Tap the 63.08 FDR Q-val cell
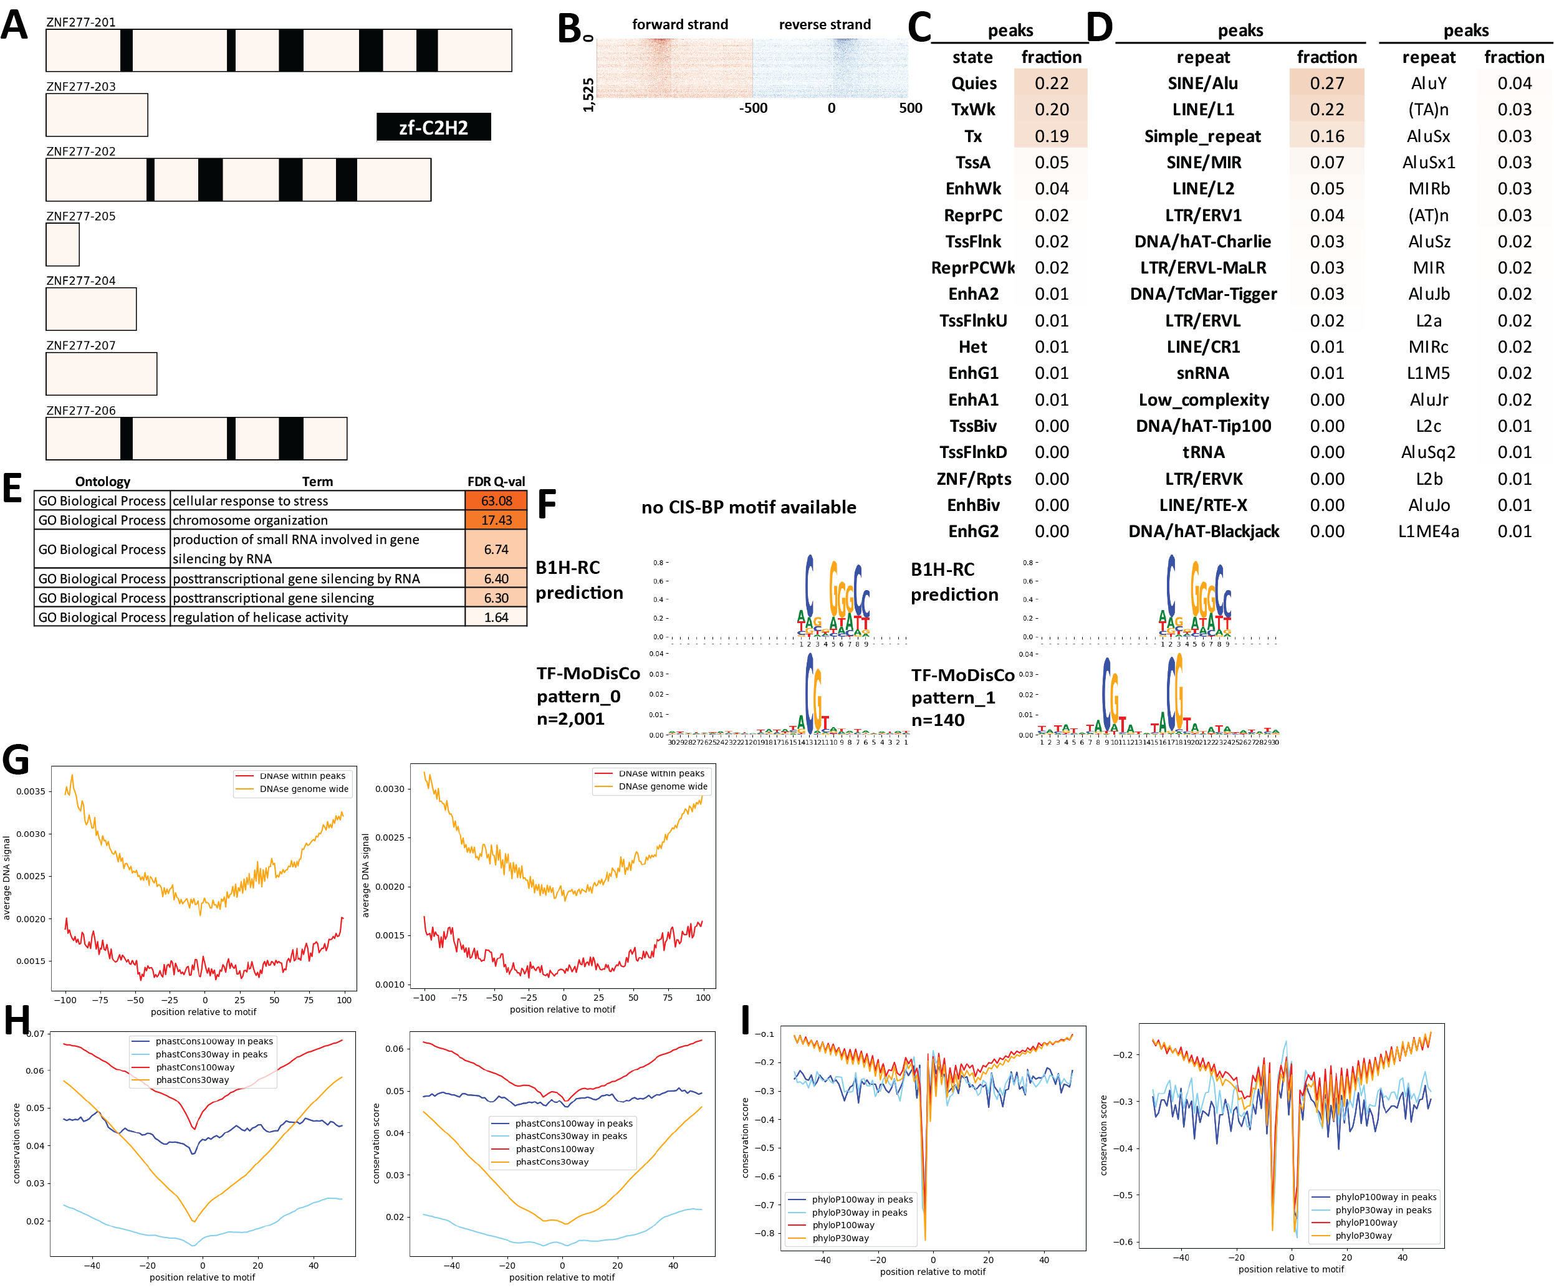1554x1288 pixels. [x=496, y=501]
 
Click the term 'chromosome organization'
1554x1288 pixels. [x=249, y=520]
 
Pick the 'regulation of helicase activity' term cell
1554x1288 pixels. [x=260, y=617]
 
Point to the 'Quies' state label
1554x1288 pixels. [x=973, y=83]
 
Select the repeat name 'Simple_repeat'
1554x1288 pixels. [x=1202, y=136]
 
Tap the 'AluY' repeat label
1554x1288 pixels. [x=1428, y=83]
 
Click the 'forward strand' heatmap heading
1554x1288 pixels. [x=679, y=24]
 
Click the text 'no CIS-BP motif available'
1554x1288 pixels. [x=748, y=507]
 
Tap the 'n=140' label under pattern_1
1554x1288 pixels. [x=938, y=720]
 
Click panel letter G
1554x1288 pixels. [x=16, y=760]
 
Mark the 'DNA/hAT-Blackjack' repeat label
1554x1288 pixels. [x=1203, y=531]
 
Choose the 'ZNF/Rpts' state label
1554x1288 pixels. [x=973, y=479]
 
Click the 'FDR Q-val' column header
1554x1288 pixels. [x=496, y=482]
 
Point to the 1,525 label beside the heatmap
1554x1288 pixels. [x=588, y=95]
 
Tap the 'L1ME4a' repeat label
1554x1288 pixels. [x=1428, y=531]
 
